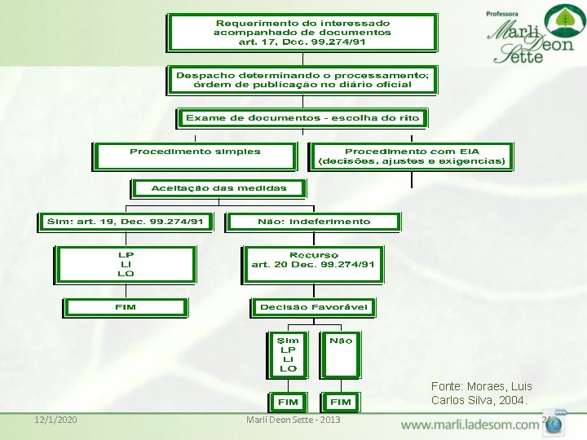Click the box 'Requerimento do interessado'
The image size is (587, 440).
[302, 33]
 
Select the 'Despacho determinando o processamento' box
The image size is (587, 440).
[302, 80]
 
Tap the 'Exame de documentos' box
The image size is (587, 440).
[302, 118]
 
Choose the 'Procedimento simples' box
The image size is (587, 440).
[195, 156]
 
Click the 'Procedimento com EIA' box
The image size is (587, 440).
[412, 156]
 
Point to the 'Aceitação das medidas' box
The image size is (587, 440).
[218, 188]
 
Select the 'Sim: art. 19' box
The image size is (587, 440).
[125, 222]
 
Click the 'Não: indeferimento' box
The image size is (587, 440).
[313, 222]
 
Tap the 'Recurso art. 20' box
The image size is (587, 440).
[313, 264]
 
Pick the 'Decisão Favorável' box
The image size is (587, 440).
[313, 307]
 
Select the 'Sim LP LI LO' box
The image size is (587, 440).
[288, 355]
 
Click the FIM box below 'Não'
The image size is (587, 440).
[341, 402]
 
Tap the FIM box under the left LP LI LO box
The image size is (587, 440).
[126, 307]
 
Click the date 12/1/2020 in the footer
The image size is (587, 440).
[55, 420]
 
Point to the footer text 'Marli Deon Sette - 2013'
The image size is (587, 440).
[293, 420]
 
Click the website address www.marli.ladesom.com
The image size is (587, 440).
[469, 425]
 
